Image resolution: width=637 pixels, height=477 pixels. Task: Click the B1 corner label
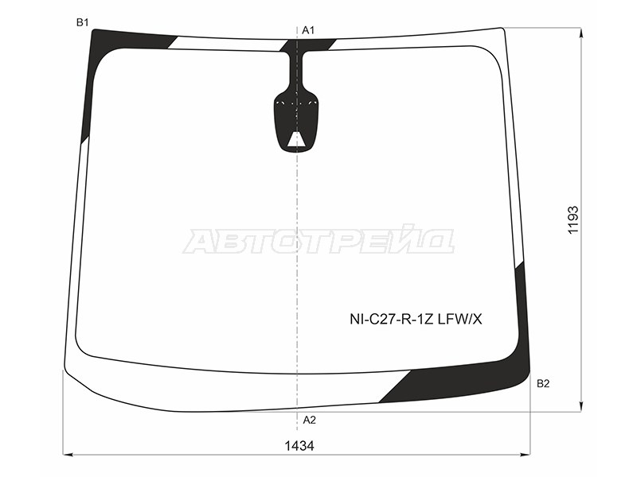pyautogui.click(x=83, y=22)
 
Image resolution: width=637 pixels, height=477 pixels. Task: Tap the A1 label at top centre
pyautogui.click(x=308, y=30)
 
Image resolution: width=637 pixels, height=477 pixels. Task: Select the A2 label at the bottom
pyautogui.click(x=309, y=420)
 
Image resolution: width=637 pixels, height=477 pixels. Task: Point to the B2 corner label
pyautogui.click(x=543, y=383)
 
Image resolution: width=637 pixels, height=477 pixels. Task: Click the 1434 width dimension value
pyautogui.click(x=299, y=446)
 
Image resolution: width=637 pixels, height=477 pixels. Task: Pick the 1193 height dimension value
pyautogui.click(x=573, y=220)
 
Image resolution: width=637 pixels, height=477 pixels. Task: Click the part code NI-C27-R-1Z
pyautogui.click(x=392, y=320)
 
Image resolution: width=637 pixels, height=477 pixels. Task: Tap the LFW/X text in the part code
pyautogui.click(x=460, y=320)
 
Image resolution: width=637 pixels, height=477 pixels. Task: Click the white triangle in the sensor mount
pyautogui.click(x=296, y=140)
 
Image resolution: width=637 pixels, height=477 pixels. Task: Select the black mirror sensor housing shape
pyautogui.click(x=295, y=122)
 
